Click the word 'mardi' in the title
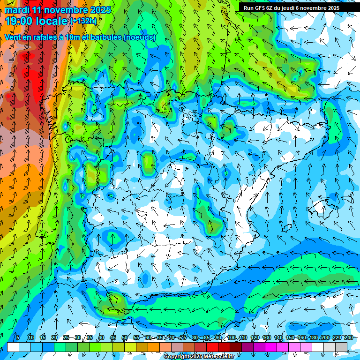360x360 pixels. (18, 10)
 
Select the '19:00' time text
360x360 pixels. (20, 21)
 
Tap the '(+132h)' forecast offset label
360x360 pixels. (83, 21)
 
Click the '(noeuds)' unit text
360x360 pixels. (140, 37)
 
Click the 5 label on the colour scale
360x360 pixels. (17, 337)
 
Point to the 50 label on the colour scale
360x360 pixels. (125, 337)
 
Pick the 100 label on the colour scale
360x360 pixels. (232, 337)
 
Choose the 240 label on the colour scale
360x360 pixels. (349, 337)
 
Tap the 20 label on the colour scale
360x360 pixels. (54, 337)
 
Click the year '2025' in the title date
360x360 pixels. (100, 10)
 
